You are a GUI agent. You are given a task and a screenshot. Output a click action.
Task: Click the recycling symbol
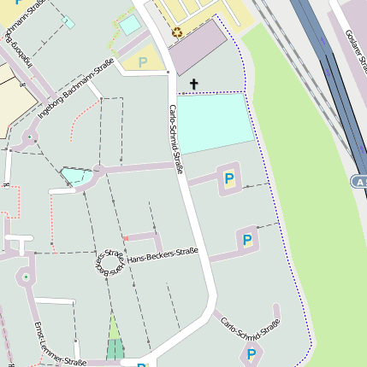pyautogui.click(x=177, y=32)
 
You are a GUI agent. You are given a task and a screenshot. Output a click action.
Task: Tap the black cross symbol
pyautogui.click(x=193, y=84)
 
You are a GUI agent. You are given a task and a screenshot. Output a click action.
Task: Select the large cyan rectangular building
pyautogui.click(x=216, y=123)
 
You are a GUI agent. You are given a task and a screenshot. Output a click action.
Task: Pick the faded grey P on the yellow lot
pyautogui.click(x=142, y=62)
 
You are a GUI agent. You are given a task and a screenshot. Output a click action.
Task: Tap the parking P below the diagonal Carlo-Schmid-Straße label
pyautogui.click(x=252, y=353)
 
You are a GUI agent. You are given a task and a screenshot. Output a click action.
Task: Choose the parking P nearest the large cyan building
pyautogui.click(x=228, y=178)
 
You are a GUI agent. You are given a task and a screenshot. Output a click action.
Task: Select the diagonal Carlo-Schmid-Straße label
pyautogui.click(x=251, y=329)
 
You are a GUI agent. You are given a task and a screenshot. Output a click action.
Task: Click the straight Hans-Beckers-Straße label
pyautogui.click(x=163, y=255)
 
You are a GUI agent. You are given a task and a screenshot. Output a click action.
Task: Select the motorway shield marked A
pyautogui.click(x=359, y=182)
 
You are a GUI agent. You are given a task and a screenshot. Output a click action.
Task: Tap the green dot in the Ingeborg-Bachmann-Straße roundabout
pyautogui.click(x=31, y=136)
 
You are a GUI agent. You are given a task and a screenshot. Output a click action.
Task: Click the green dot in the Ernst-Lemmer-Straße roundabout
pyautogui.click(x=26, y=277)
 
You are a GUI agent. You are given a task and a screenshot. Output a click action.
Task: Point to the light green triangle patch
pyautogui.click(x=114, y=328)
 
